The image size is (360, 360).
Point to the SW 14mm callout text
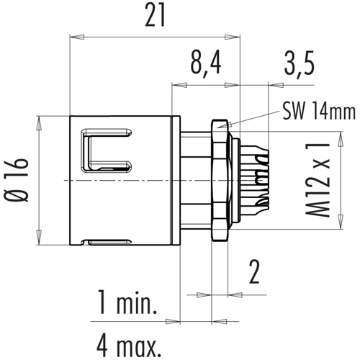(x=319, y=112)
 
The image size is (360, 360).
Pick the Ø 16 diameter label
(x=17, y=180)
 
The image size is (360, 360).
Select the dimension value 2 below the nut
(x=254, y=272)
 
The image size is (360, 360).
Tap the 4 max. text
(x=129, y=347)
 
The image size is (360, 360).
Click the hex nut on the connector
(x=220, y=180)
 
